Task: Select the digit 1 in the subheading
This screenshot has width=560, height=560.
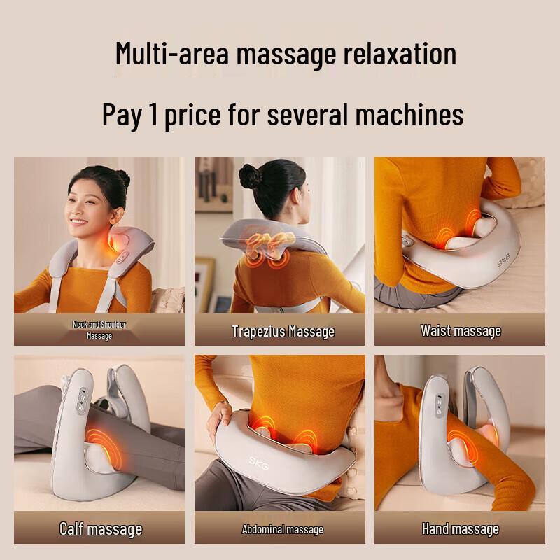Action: (x=153, y=114)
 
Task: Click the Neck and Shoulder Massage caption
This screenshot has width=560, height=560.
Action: (x=99, y=330)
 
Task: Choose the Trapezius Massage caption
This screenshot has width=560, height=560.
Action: (x=283, y=331)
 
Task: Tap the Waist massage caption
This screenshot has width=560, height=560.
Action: (x=461, y=330)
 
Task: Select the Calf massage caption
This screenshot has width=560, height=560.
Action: (x=101, y=528)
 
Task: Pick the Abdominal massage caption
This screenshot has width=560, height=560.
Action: (x=283, y=529)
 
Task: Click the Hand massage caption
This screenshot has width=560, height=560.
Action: (x=461, y=528)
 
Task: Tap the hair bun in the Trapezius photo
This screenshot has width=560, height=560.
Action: (x=250, y=175)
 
